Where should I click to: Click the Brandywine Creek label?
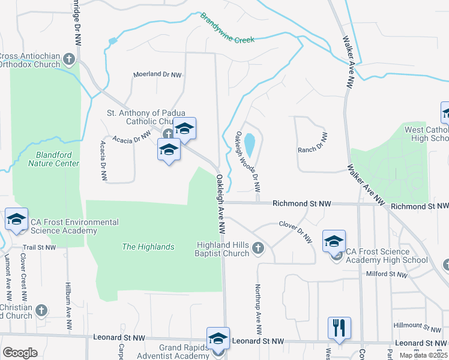(228, 29)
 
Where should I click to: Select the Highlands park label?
(148, 247)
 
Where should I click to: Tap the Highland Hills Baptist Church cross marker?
(258, 248)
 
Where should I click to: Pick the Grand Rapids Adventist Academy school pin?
(218, 338)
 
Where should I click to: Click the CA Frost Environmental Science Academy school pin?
(16, 219)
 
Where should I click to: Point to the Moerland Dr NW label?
(157, 74)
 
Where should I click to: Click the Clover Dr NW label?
(295, 231)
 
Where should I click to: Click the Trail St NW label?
(39, 247)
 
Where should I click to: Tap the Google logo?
(20, 353)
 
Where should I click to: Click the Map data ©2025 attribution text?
(424, 355)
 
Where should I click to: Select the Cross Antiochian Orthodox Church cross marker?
(69, 59)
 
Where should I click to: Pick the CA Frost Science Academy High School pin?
(334, 241)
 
